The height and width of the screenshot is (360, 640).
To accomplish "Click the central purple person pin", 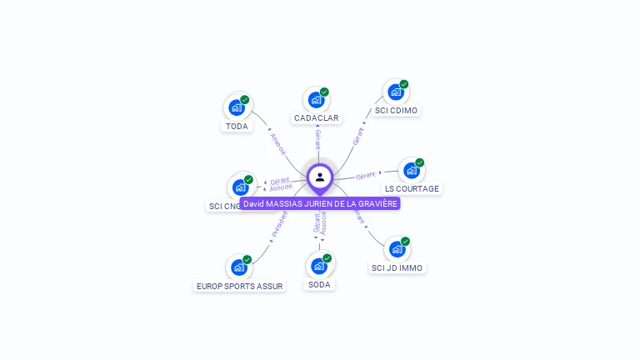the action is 320,177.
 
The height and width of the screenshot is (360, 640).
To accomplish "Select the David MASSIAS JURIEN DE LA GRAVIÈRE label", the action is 320,203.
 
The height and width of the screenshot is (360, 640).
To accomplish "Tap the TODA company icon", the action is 237,107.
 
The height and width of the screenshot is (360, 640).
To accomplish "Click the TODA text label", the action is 237,127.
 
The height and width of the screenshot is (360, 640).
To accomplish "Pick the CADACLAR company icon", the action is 316,100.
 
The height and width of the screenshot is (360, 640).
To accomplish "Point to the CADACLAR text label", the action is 316,118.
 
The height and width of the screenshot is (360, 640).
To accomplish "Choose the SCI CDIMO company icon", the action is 396,92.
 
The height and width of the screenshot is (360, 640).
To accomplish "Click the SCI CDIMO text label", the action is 396,110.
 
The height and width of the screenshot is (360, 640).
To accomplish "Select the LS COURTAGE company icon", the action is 411,171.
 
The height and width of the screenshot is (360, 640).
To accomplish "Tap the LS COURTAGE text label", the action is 412,189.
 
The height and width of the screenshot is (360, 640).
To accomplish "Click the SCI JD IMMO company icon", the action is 397,250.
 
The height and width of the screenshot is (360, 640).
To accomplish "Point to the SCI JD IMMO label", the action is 397,268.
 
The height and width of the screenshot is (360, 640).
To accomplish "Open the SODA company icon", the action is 318,267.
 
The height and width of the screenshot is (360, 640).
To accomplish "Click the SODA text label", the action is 319,285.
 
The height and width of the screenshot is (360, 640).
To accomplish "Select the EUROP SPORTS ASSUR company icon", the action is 239,267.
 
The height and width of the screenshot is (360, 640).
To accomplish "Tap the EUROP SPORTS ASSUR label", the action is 239,286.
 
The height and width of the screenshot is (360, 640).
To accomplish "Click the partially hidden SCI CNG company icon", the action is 241,187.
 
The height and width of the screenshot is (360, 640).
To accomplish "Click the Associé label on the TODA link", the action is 277,144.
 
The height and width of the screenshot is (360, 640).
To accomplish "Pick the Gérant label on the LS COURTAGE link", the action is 366,176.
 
